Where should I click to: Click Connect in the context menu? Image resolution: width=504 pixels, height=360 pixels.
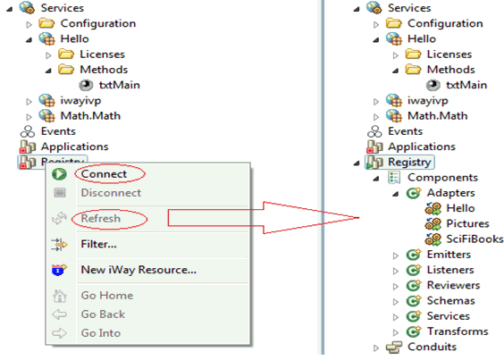(104, 174)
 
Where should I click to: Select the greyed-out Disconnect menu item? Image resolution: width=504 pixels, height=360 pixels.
(111, 193)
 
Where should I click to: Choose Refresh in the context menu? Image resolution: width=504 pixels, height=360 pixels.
(101, 218)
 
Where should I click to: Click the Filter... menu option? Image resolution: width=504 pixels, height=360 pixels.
(98, 244)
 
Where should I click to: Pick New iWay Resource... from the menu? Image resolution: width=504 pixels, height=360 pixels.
(139, 270)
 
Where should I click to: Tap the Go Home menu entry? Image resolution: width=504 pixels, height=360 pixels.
(107, 295)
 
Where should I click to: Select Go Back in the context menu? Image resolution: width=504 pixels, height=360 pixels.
(103, 314)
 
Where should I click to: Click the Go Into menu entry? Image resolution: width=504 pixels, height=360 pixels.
(101, 333)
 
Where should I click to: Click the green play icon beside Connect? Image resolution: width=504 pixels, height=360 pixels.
(60, 174)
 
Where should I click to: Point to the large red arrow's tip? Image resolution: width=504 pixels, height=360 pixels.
(358, 218)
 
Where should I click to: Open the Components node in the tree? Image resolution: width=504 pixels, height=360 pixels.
(442, 178)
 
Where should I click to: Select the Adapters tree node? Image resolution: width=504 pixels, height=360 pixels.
(450, 193)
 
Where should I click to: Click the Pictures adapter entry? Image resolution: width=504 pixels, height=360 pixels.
(467, 223)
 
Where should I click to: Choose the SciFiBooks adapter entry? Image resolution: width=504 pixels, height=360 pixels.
(475, 239)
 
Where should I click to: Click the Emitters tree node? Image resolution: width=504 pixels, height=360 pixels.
(449, 255)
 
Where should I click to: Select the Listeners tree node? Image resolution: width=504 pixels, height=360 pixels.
(450, 270)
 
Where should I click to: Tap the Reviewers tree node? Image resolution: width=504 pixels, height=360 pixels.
(453, 285)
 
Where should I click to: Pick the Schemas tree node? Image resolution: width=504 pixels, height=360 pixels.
(450, 300)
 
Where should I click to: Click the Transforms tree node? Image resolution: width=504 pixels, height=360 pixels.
(458, 331)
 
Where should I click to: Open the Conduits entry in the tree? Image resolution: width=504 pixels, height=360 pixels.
(432, 347)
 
